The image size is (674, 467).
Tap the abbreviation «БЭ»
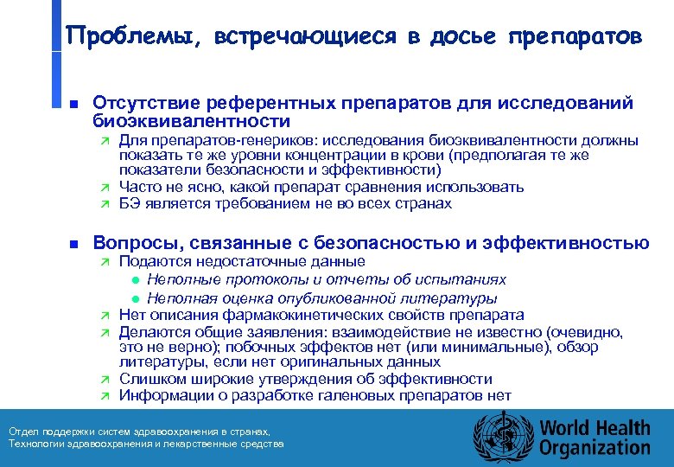(x=129, y=204)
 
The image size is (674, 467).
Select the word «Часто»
(x=138, y=188)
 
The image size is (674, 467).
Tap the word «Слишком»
(x=148, y=380)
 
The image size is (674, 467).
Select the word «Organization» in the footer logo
(x=595, y=447)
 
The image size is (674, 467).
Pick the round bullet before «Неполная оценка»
(x=137, y=297)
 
